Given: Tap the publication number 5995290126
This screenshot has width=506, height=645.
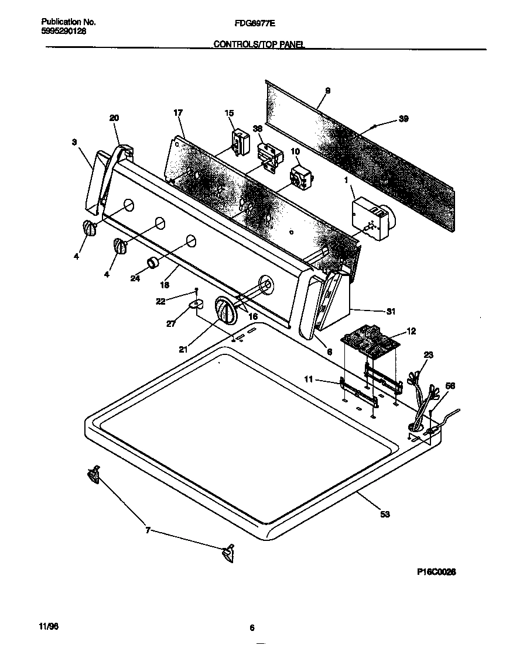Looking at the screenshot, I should point(64,31).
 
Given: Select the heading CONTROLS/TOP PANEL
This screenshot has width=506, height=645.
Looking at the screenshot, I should point(259,44).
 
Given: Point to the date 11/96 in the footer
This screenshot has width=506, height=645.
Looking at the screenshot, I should point(50,626).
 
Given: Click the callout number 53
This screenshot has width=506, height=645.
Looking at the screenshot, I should point(384,514).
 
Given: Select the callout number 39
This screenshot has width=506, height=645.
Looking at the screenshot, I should point(403,119).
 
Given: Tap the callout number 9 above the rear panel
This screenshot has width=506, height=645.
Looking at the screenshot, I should point(327,90).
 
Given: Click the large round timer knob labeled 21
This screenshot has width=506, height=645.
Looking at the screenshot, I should point(224,309).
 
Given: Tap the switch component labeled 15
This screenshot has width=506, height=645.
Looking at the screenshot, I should point(240,143).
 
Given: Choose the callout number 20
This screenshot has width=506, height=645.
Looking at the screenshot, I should point(114,118).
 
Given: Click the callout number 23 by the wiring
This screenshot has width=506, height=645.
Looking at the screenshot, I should point(428,354).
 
